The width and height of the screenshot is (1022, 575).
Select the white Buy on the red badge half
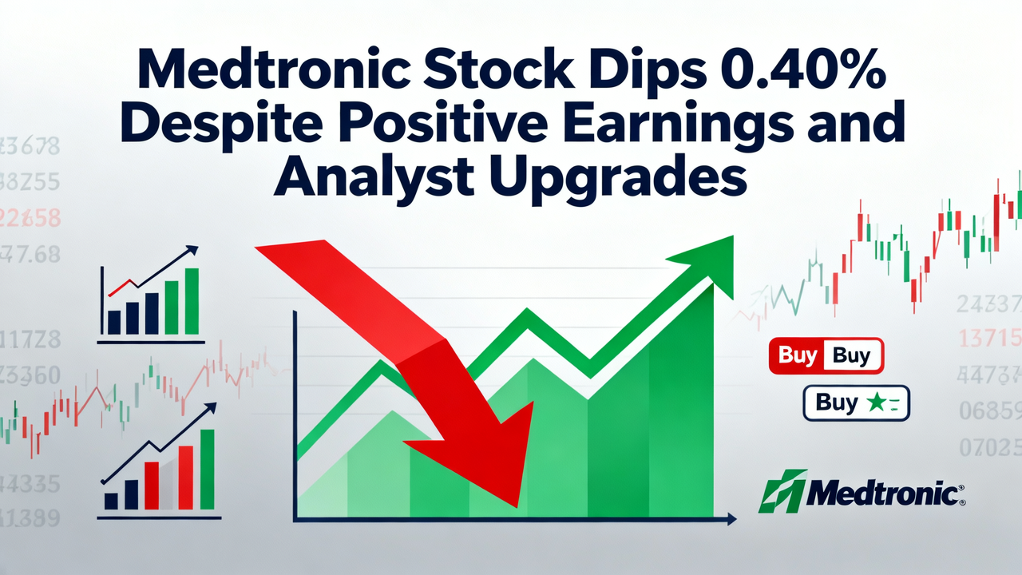(795, 356)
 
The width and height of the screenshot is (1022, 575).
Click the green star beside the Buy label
(875, 402)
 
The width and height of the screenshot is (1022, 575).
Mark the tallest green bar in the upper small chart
(191, 301)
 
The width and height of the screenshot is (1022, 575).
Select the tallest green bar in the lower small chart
(207, 469)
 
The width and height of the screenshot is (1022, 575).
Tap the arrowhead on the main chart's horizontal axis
(731, 520)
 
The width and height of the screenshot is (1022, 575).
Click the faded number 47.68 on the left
(31, 255)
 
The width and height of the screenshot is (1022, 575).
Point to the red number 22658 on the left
(31, 218)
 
